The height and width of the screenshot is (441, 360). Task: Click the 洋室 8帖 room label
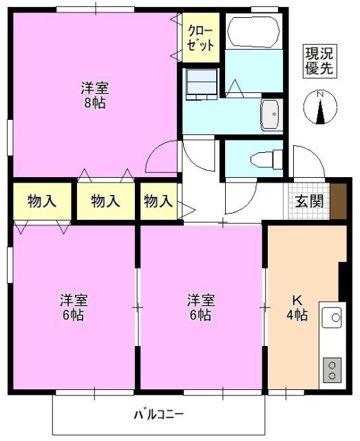pos(94,96)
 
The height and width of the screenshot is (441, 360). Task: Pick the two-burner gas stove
pos(332,369)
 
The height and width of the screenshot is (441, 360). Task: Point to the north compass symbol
pos(320,107)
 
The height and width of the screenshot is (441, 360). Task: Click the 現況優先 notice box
pos(320,61)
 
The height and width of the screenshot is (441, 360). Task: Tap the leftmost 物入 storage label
pos(41,201)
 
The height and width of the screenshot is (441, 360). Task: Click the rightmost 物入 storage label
pos(158,201)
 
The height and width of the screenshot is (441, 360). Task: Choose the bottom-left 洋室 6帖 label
pos(72,307)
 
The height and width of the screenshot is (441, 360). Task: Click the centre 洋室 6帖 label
pos(201,307)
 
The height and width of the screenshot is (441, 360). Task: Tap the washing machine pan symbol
pos(202,82)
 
